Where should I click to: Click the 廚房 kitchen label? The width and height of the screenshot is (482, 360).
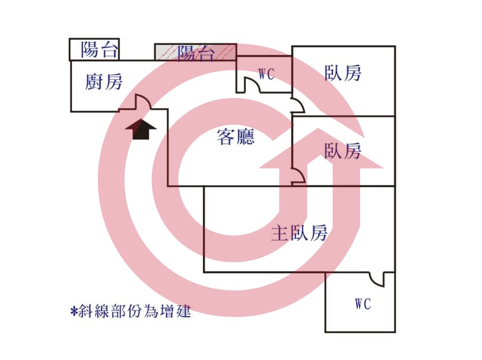(104, 82)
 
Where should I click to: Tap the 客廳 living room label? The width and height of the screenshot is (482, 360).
(236, 137)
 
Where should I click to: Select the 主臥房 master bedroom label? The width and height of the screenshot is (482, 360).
(299, 233)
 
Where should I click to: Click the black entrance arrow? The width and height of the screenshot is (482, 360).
(141, 128)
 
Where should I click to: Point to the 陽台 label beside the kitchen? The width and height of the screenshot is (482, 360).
(99, 49)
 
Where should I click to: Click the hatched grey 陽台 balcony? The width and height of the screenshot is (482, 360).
(195, 52)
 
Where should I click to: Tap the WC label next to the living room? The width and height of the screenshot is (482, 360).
(266, 74)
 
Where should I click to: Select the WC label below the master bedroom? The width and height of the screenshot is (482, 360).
(363, 304)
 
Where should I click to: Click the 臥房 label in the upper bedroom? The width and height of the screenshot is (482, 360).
(343, 73)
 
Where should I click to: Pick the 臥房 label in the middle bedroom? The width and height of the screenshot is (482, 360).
(343, 151)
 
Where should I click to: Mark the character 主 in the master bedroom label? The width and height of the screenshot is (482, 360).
(280, 233)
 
